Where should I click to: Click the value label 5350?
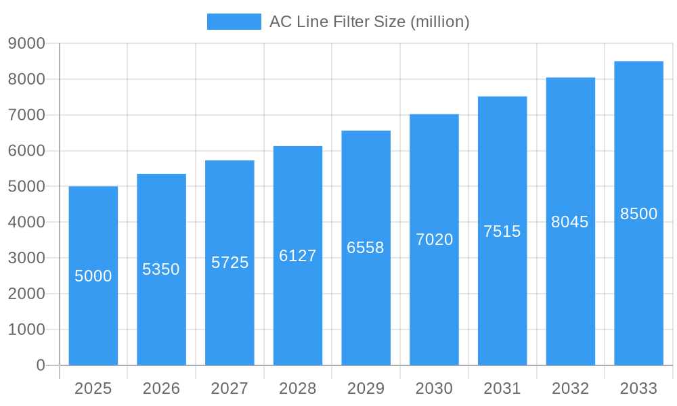161,269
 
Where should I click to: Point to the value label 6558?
366,248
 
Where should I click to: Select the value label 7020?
434,240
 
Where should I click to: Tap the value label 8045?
570,222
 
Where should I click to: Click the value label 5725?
230,263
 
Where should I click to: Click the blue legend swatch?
234,22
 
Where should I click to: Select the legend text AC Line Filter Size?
369,22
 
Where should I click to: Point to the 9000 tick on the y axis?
26,43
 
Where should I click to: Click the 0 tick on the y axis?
40,365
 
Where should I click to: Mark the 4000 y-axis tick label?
26,222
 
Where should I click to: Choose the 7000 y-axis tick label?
26,115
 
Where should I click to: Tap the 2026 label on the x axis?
161,388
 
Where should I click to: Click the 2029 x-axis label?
366,388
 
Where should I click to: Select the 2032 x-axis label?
570,388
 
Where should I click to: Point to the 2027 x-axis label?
230,388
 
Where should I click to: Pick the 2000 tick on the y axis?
26,294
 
